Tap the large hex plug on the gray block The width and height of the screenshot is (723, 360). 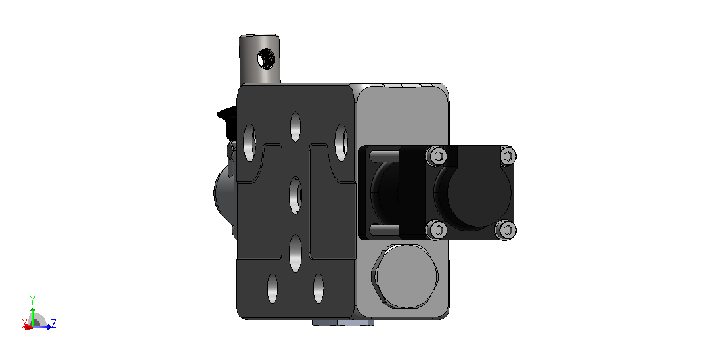[x=405, y=276]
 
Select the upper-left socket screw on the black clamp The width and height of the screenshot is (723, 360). [x=436, y=156]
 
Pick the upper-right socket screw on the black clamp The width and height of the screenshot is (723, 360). [x=507, y=156]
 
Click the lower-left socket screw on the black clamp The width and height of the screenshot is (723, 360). [x=436, y=229]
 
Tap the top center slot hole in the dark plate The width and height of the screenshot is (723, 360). [x=295, y=127]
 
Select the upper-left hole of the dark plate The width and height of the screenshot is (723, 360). [x=250, y=142]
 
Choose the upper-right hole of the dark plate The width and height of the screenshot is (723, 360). [x=341, y=142]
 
